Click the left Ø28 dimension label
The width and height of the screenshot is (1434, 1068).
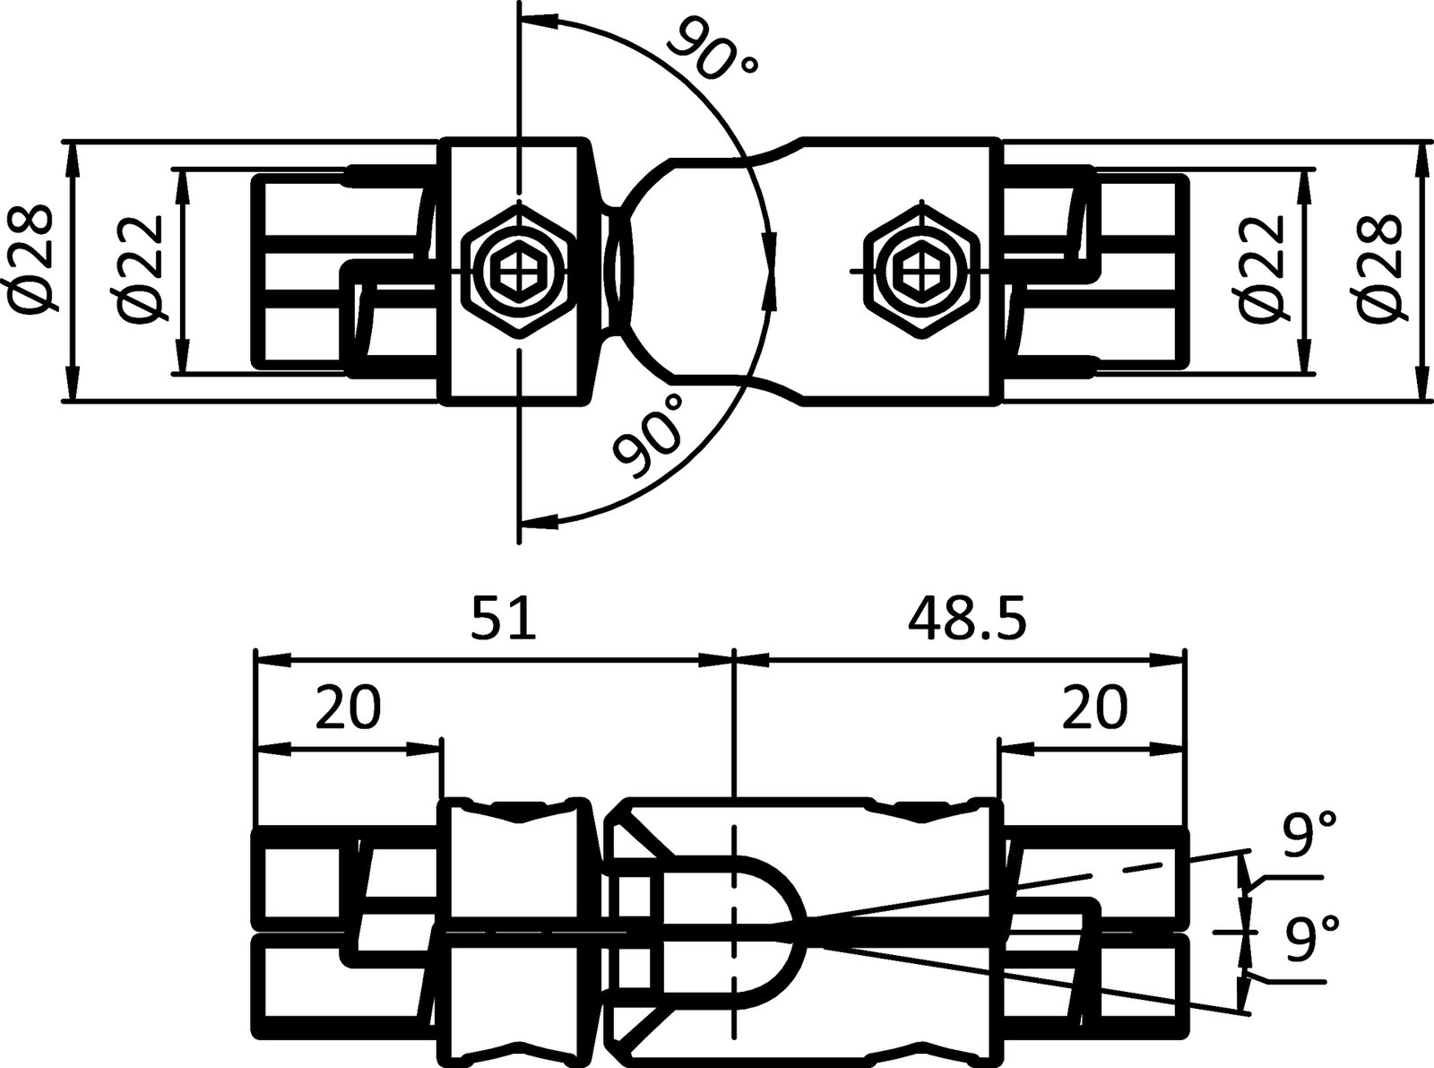[x=33, y=269]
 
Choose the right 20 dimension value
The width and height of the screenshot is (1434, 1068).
[x=1093, y=708]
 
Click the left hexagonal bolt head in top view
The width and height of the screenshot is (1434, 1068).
[x=517, y=268]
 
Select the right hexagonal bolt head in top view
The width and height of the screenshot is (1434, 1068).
[x=918, y=268]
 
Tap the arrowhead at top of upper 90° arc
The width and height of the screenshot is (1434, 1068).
[x=538, y=18]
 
